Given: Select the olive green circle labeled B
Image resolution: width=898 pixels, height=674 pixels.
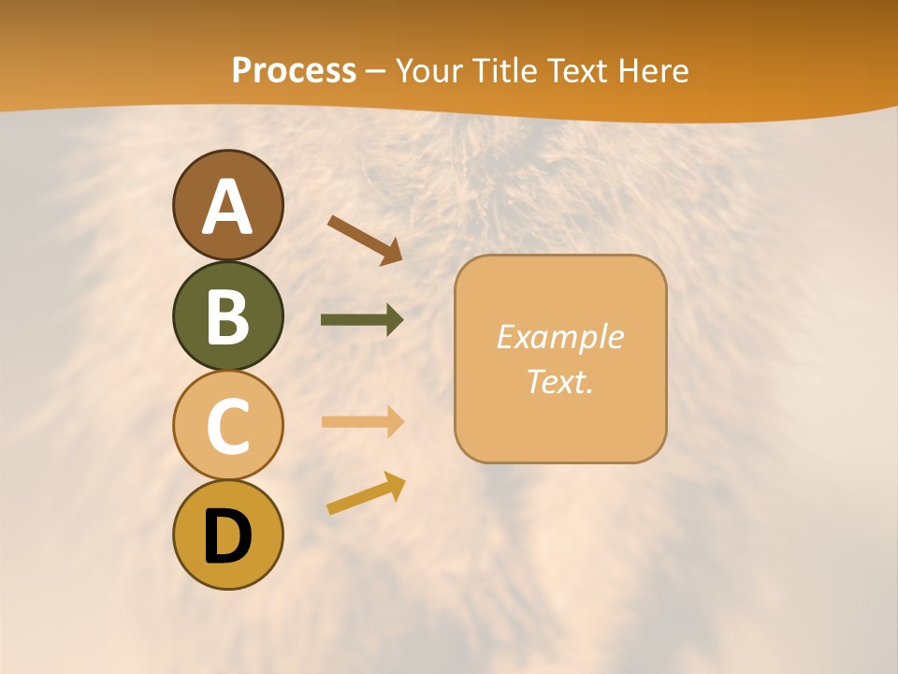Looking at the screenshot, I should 227,315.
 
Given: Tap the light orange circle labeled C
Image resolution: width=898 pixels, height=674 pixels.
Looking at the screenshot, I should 227,425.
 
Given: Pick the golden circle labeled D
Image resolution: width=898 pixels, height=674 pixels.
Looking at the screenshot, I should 227,535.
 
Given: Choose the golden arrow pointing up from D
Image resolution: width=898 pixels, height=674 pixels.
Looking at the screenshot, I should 366,493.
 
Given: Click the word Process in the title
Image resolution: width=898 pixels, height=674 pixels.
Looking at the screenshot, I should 294,70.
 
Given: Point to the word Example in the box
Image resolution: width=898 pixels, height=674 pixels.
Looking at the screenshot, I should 559,337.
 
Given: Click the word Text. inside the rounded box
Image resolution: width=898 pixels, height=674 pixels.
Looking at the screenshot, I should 559,381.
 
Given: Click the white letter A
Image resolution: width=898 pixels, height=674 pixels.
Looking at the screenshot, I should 227,206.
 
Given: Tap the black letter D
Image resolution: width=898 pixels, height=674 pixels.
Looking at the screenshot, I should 227,536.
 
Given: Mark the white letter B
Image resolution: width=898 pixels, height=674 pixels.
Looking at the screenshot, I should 227,315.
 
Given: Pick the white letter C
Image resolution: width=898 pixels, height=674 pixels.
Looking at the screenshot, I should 227,426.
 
